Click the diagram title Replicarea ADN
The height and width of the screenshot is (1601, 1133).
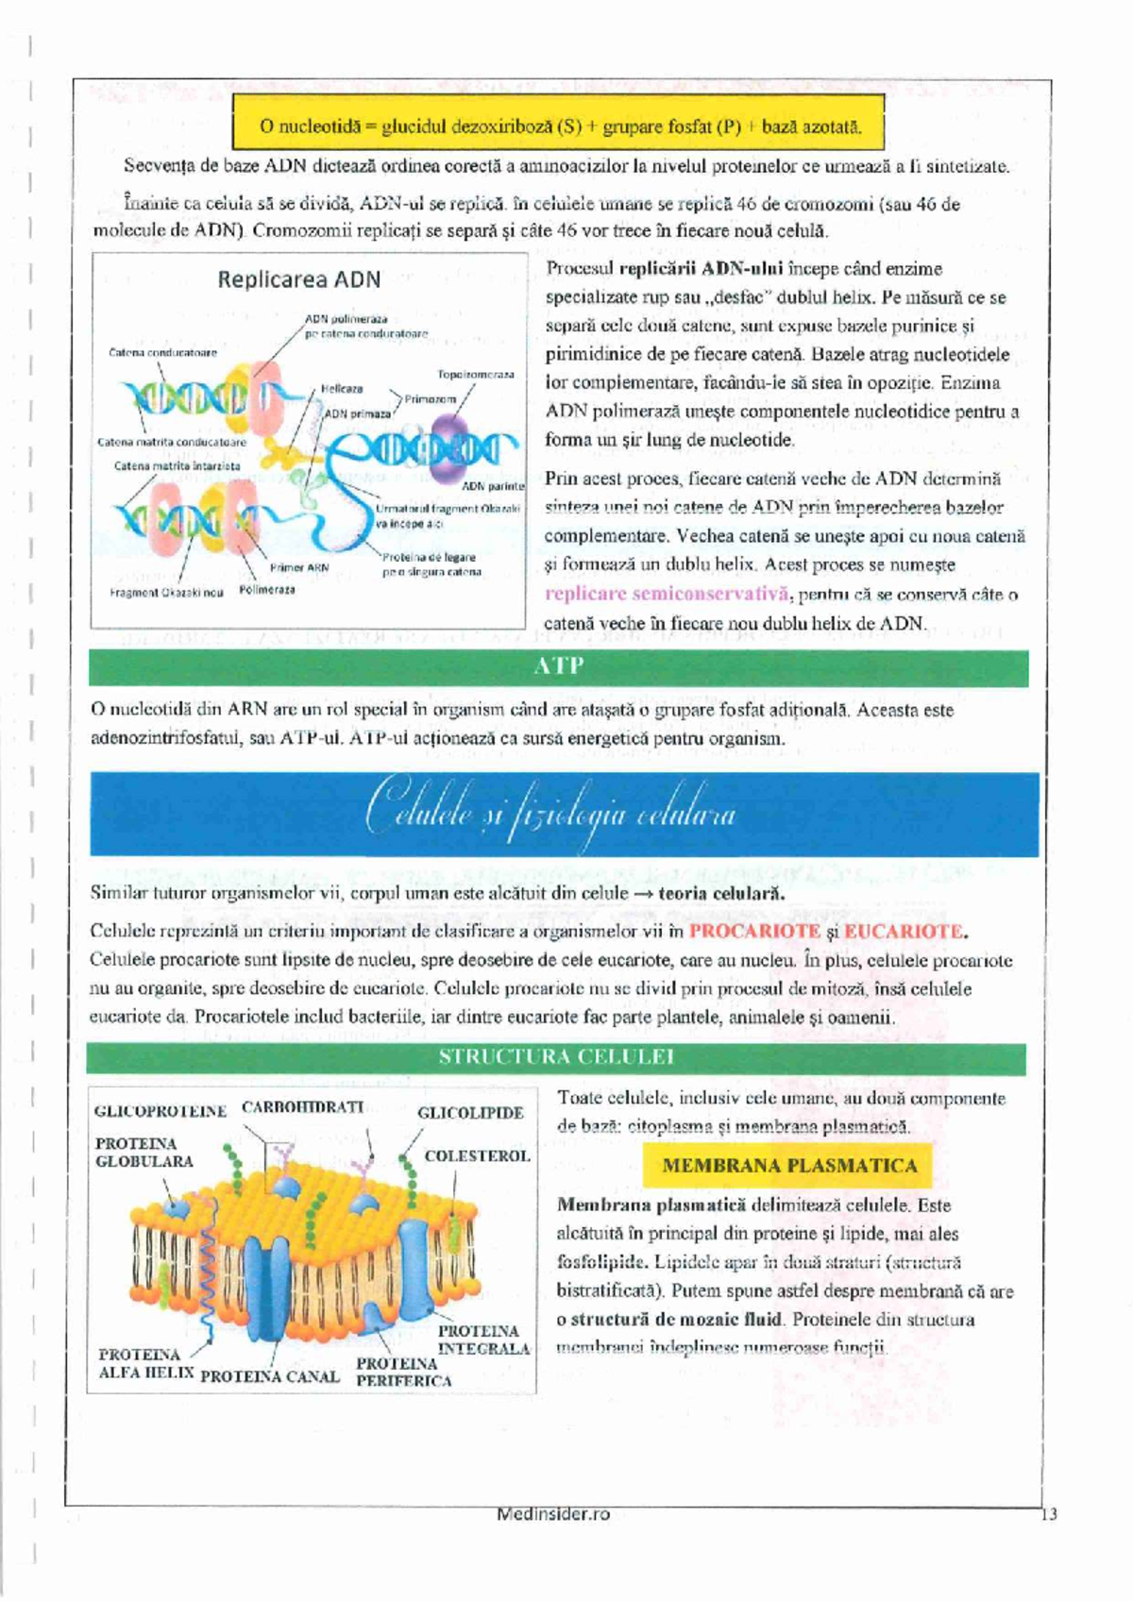pyautogui.click(x=298, y=279)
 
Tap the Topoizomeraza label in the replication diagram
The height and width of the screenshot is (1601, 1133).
pyautogui.click(x=475, y=375)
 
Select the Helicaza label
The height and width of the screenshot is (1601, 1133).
pyautogui.click(x=341, y=389)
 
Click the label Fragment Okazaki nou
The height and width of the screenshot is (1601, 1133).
pyautogui.click(x=166, y=593)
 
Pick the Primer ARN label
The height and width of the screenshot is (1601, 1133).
pyautogui.click(x=298, y=568)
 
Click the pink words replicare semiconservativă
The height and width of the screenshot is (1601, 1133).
pyautogui.click(x=667, y=594)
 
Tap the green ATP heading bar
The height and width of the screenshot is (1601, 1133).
pyautogui.click(x=558, y=666)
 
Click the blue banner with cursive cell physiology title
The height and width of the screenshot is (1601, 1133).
pyautogui.click(x=564, y=815)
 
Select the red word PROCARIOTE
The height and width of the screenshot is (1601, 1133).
pyautogui.click(x=754, y=931)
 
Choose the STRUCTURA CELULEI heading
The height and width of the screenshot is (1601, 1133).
pyautogui.click(x=556, y=1057)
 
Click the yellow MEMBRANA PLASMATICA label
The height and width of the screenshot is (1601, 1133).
pyautogui.click(x=788, y=1166)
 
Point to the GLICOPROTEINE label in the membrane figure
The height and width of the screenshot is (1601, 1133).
pyautogui.click(x=161, y=1112)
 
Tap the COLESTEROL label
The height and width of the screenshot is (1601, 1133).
pyautogui.click(x=477, y=1155)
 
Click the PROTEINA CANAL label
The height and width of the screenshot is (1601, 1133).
pyautogui.click(x=269, y=1376)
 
